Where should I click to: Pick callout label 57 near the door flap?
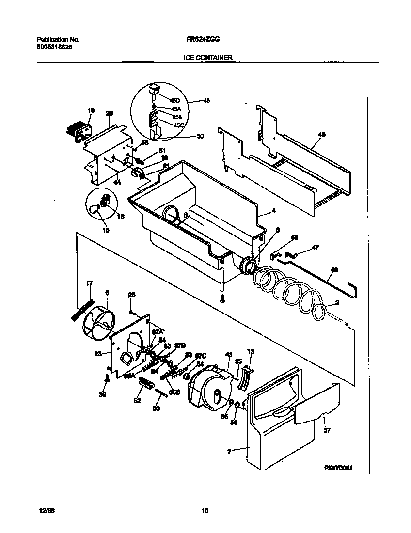(x=326, y=430)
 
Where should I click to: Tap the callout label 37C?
(x=201, y=356)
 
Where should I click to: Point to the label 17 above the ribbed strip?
(x=89, y=283)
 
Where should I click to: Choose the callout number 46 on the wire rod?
(x=334, y=269)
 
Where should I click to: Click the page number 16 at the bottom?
(x=205, y=510)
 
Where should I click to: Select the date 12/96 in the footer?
(x=44, y=510)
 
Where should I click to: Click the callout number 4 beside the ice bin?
(x=273, y=211)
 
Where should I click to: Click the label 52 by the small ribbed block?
(x=137, y=400)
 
